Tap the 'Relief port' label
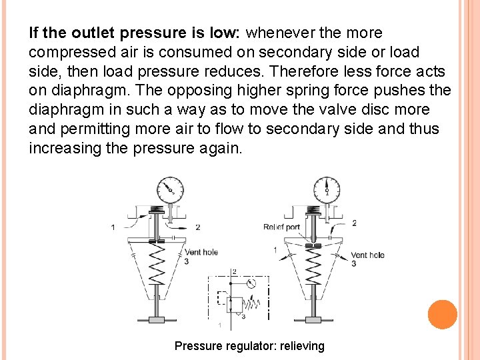(x=281, y=227)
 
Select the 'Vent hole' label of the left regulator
(x=201, y=252)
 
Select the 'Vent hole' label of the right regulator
(x=367, y=255)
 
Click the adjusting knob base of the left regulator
(x=157, y=320)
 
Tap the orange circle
(x=443, y=315)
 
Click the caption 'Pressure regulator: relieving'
(x=249, y=346)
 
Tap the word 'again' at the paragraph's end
(x=221, y=148)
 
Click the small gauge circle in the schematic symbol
(x=249, y=283)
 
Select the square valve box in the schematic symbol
(x=234, y=305)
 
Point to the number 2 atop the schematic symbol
(x=234, y=271)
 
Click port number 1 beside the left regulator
(x=113, y=227)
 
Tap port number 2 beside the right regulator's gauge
(x=353, y=223)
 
